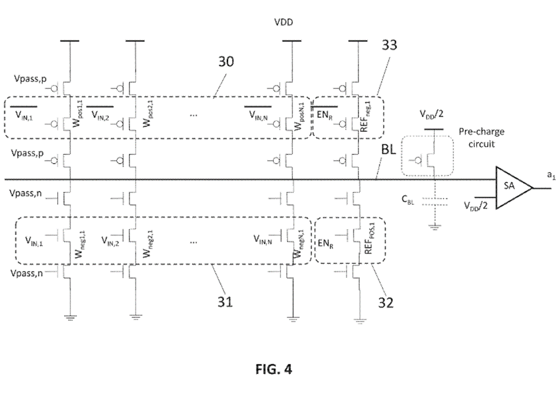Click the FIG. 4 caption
pos(273,369)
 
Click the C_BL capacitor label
pos(408,201)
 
